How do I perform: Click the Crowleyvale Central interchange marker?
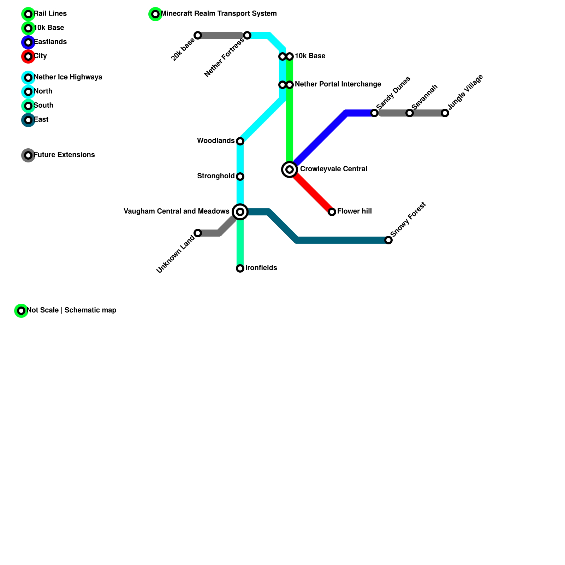click(x=290, y=169)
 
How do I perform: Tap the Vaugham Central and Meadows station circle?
click(x=240, y=212)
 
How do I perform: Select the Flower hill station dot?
click(x=332, y=212)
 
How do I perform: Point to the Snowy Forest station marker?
click(x=388, y=240)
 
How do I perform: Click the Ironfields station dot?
click(x=240, y=268)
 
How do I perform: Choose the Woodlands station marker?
click(x=240, y=141)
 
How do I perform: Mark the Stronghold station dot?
click(x=240, y=176)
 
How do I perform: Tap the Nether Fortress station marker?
click(x=247, y=35)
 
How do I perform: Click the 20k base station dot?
click(x=198, y=35)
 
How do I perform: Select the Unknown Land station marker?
click(x=198, y=233)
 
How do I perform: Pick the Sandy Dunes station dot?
click(x=374, y=113)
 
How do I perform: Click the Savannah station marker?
click(x=409, y=113)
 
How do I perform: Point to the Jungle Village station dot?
click(x=445, y=113)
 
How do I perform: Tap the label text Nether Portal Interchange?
click(x=338, y=84)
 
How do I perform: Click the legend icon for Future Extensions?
click(x=28, y=155)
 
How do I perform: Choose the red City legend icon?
click(x=28, y=56)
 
